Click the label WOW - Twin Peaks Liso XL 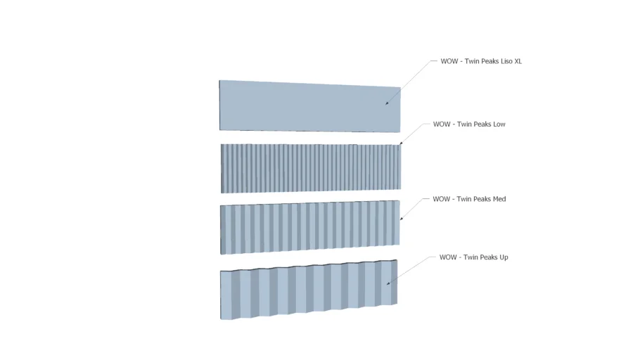(481, 61)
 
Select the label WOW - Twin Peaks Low (469, 124)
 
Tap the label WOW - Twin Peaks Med (469, 199)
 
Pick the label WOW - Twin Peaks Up (473, 257)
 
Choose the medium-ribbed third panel (309, 226)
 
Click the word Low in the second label (499, 124)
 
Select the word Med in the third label (499, 199)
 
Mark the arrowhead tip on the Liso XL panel (386, 105)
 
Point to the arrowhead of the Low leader (400, 145)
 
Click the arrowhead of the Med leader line (401, 220)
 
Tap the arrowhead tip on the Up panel (388, 284)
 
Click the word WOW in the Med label (441, 199)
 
